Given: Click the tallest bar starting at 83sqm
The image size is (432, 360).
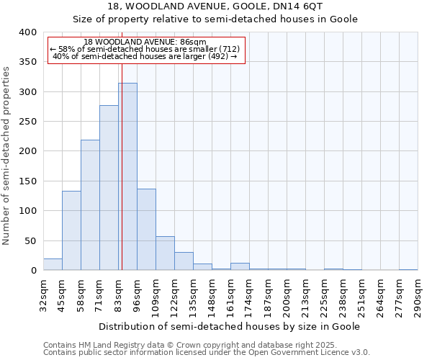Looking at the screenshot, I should point(127,176).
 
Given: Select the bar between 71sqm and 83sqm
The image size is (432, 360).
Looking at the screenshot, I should point(109,188).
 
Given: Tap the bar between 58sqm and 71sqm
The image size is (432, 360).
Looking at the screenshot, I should point(90,205).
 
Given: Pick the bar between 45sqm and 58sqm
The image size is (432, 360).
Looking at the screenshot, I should point(71,230).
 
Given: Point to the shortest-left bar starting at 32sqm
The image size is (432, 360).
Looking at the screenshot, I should point(53,264).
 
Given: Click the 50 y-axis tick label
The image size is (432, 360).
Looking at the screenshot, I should point(30,240).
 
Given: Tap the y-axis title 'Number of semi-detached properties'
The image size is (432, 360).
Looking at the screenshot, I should point(6,155).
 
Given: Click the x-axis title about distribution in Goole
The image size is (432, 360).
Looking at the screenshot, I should point(229,326).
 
